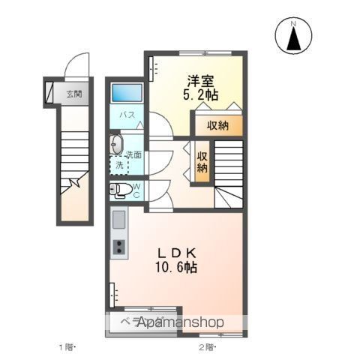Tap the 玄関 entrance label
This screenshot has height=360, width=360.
73,94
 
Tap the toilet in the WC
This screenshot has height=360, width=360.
120,189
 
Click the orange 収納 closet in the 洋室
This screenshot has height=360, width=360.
219,124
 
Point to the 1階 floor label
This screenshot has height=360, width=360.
68,346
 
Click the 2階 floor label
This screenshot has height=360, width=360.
206,346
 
